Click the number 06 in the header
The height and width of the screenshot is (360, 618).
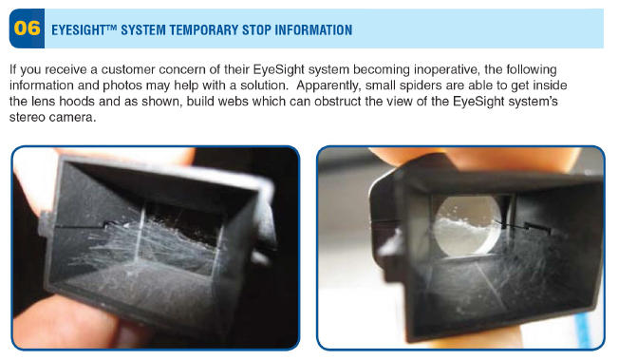27,28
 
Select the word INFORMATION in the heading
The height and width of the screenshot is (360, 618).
313,30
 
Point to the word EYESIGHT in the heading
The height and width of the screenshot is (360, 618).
79,30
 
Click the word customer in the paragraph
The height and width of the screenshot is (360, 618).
128,69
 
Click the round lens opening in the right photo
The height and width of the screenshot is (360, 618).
467,225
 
